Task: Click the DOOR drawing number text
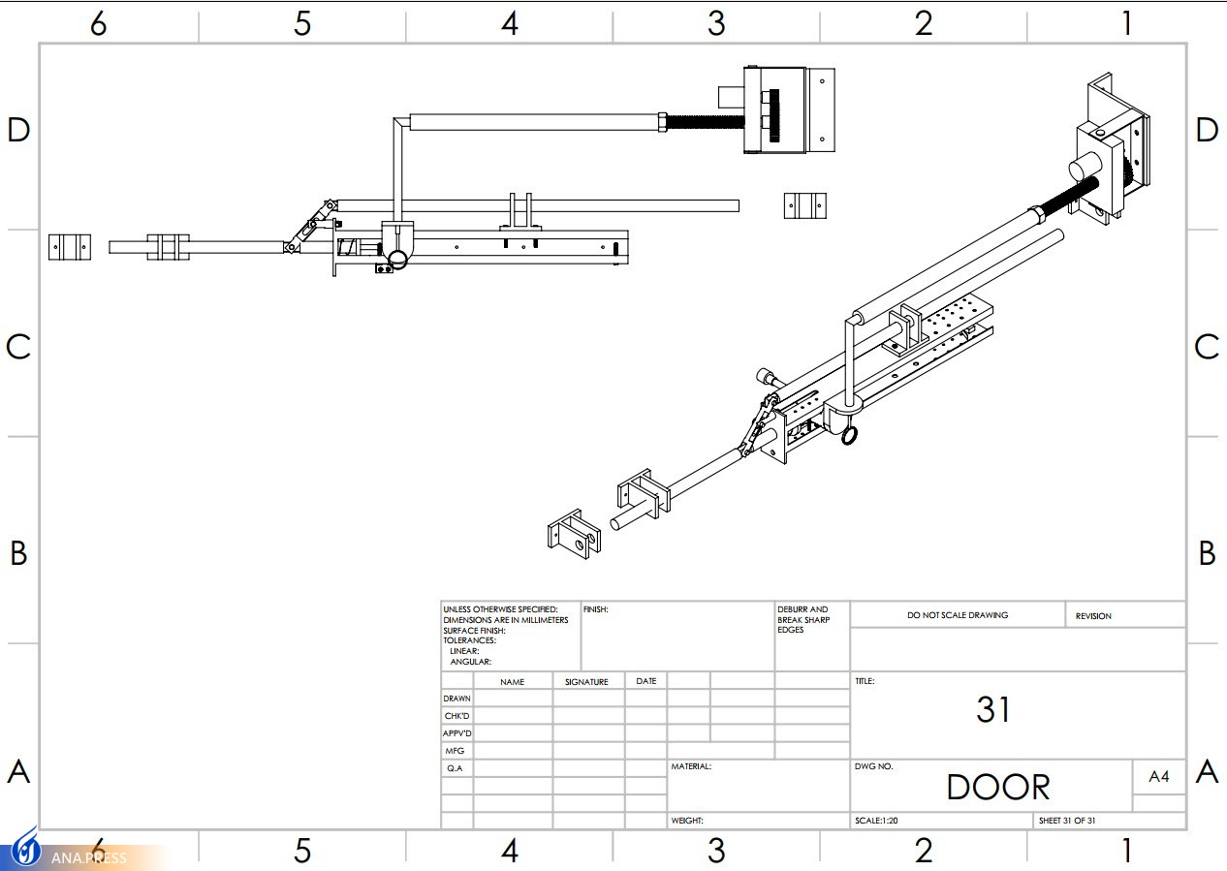(998, 787)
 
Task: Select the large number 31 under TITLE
(992, 709)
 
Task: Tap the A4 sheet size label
(1159, 776)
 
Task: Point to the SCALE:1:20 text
(876, 821)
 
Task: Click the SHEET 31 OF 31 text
(1067, 821)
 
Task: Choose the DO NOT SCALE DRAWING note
(958, 615)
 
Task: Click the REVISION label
(1093, 616)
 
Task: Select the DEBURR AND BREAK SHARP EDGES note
(803, 619)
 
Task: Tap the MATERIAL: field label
(691, 766)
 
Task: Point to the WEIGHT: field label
(687, 821)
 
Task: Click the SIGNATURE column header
(586, 681)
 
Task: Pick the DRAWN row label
(456, 699)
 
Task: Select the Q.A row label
(455, 768)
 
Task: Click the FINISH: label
(595, 609)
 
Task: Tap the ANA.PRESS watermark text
(89, 857)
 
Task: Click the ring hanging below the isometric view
(849, 435)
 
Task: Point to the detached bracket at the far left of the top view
(70, 247)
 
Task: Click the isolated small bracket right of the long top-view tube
(805, 205)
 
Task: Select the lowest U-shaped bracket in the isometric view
(574, 534)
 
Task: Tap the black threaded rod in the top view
(705, 122)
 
